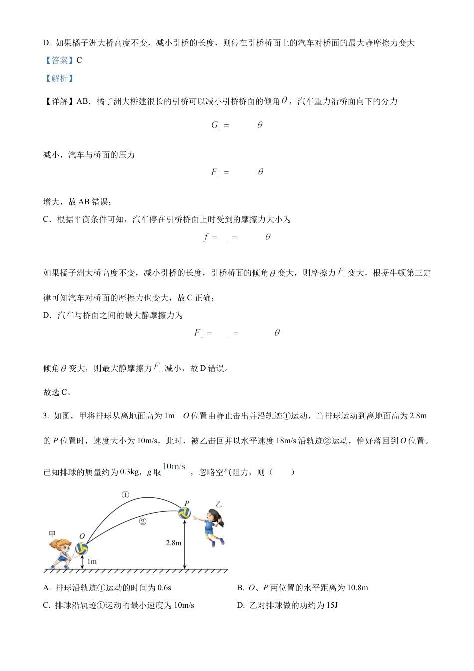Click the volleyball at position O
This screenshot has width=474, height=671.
pos(82,549)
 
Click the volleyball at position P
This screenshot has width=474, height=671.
pos(185,513)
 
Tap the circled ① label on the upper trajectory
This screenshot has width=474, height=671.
pos(125,495)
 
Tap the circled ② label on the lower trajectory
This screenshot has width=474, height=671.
pos(143,521)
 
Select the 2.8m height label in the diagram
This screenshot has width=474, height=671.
pos(173,542)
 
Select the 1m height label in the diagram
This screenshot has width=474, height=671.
pos(92,562)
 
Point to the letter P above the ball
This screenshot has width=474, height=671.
pos(187,503)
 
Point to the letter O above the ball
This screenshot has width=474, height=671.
pos(82,537)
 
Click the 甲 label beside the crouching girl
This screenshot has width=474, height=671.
pos(52,534)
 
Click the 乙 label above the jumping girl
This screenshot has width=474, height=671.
pos(218,505)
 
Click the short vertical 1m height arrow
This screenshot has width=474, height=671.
pos(83,561)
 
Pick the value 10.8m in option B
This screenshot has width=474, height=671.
pos(356,588)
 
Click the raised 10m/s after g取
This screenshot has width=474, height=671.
pos(174,467)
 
